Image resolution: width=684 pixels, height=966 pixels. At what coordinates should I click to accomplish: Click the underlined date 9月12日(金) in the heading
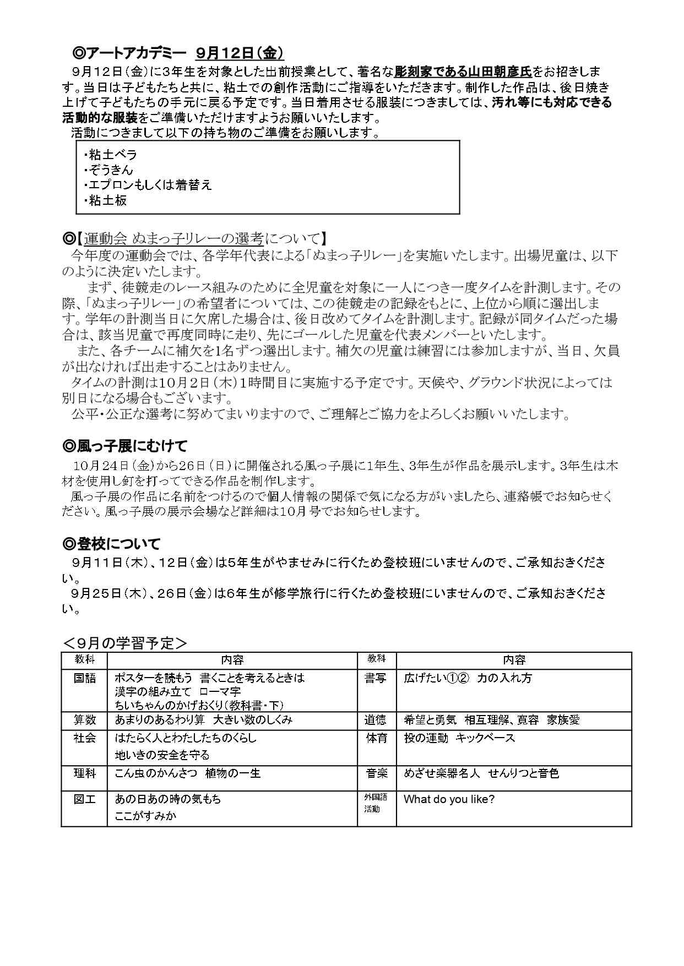pos(240,53)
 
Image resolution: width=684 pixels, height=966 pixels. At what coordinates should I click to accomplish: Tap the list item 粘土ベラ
pos(111,155)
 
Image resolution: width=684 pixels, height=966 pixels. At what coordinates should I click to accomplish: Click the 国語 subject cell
pos(85,679)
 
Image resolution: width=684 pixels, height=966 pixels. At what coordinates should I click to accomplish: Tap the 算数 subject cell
pos(85,720)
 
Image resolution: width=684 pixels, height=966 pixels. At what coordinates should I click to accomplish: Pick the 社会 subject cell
pos(85,738)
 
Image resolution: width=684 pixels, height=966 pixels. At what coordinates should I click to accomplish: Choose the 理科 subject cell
pos(85,774)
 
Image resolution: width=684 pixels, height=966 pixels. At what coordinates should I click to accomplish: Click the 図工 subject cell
pos(85,799)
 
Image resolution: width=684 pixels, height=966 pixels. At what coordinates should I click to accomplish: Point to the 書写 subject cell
pos(376,679)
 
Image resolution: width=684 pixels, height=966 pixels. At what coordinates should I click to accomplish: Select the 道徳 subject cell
pos(376,720)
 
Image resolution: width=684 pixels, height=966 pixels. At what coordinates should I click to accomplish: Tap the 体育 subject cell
pos(376,738)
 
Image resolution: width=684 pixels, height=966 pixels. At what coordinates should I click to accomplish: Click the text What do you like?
pos(449,799)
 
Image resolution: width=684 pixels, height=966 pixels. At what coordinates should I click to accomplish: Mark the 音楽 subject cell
pos(376,774)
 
